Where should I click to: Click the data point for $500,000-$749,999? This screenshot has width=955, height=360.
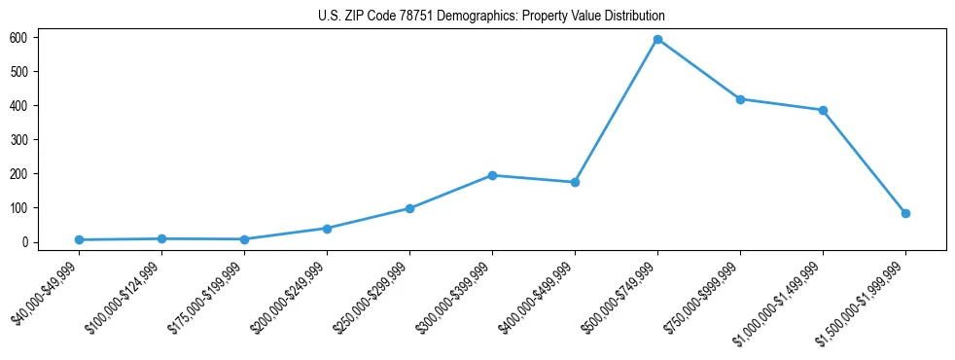click(x=657, y=39)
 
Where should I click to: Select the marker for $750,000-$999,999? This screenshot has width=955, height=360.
click(x=740, y=99)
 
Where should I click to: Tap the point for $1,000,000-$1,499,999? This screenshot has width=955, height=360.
click(x=823, y=110)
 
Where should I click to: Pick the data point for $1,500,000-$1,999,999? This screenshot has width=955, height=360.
click(x=905, y=213)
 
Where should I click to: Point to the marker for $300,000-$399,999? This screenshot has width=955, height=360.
click(x=492, y=175)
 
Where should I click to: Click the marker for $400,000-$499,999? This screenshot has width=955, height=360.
click(x=575, y=182)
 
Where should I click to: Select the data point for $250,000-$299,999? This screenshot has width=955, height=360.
click(x=409, y=208)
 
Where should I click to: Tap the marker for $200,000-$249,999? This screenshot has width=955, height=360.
click(x=327, y=229)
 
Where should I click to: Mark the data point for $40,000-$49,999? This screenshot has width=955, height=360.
click(x=79, y=239)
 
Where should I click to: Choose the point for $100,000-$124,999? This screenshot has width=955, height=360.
click(x=161, y=238)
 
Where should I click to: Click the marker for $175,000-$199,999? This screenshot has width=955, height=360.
click(x=244, y=239)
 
